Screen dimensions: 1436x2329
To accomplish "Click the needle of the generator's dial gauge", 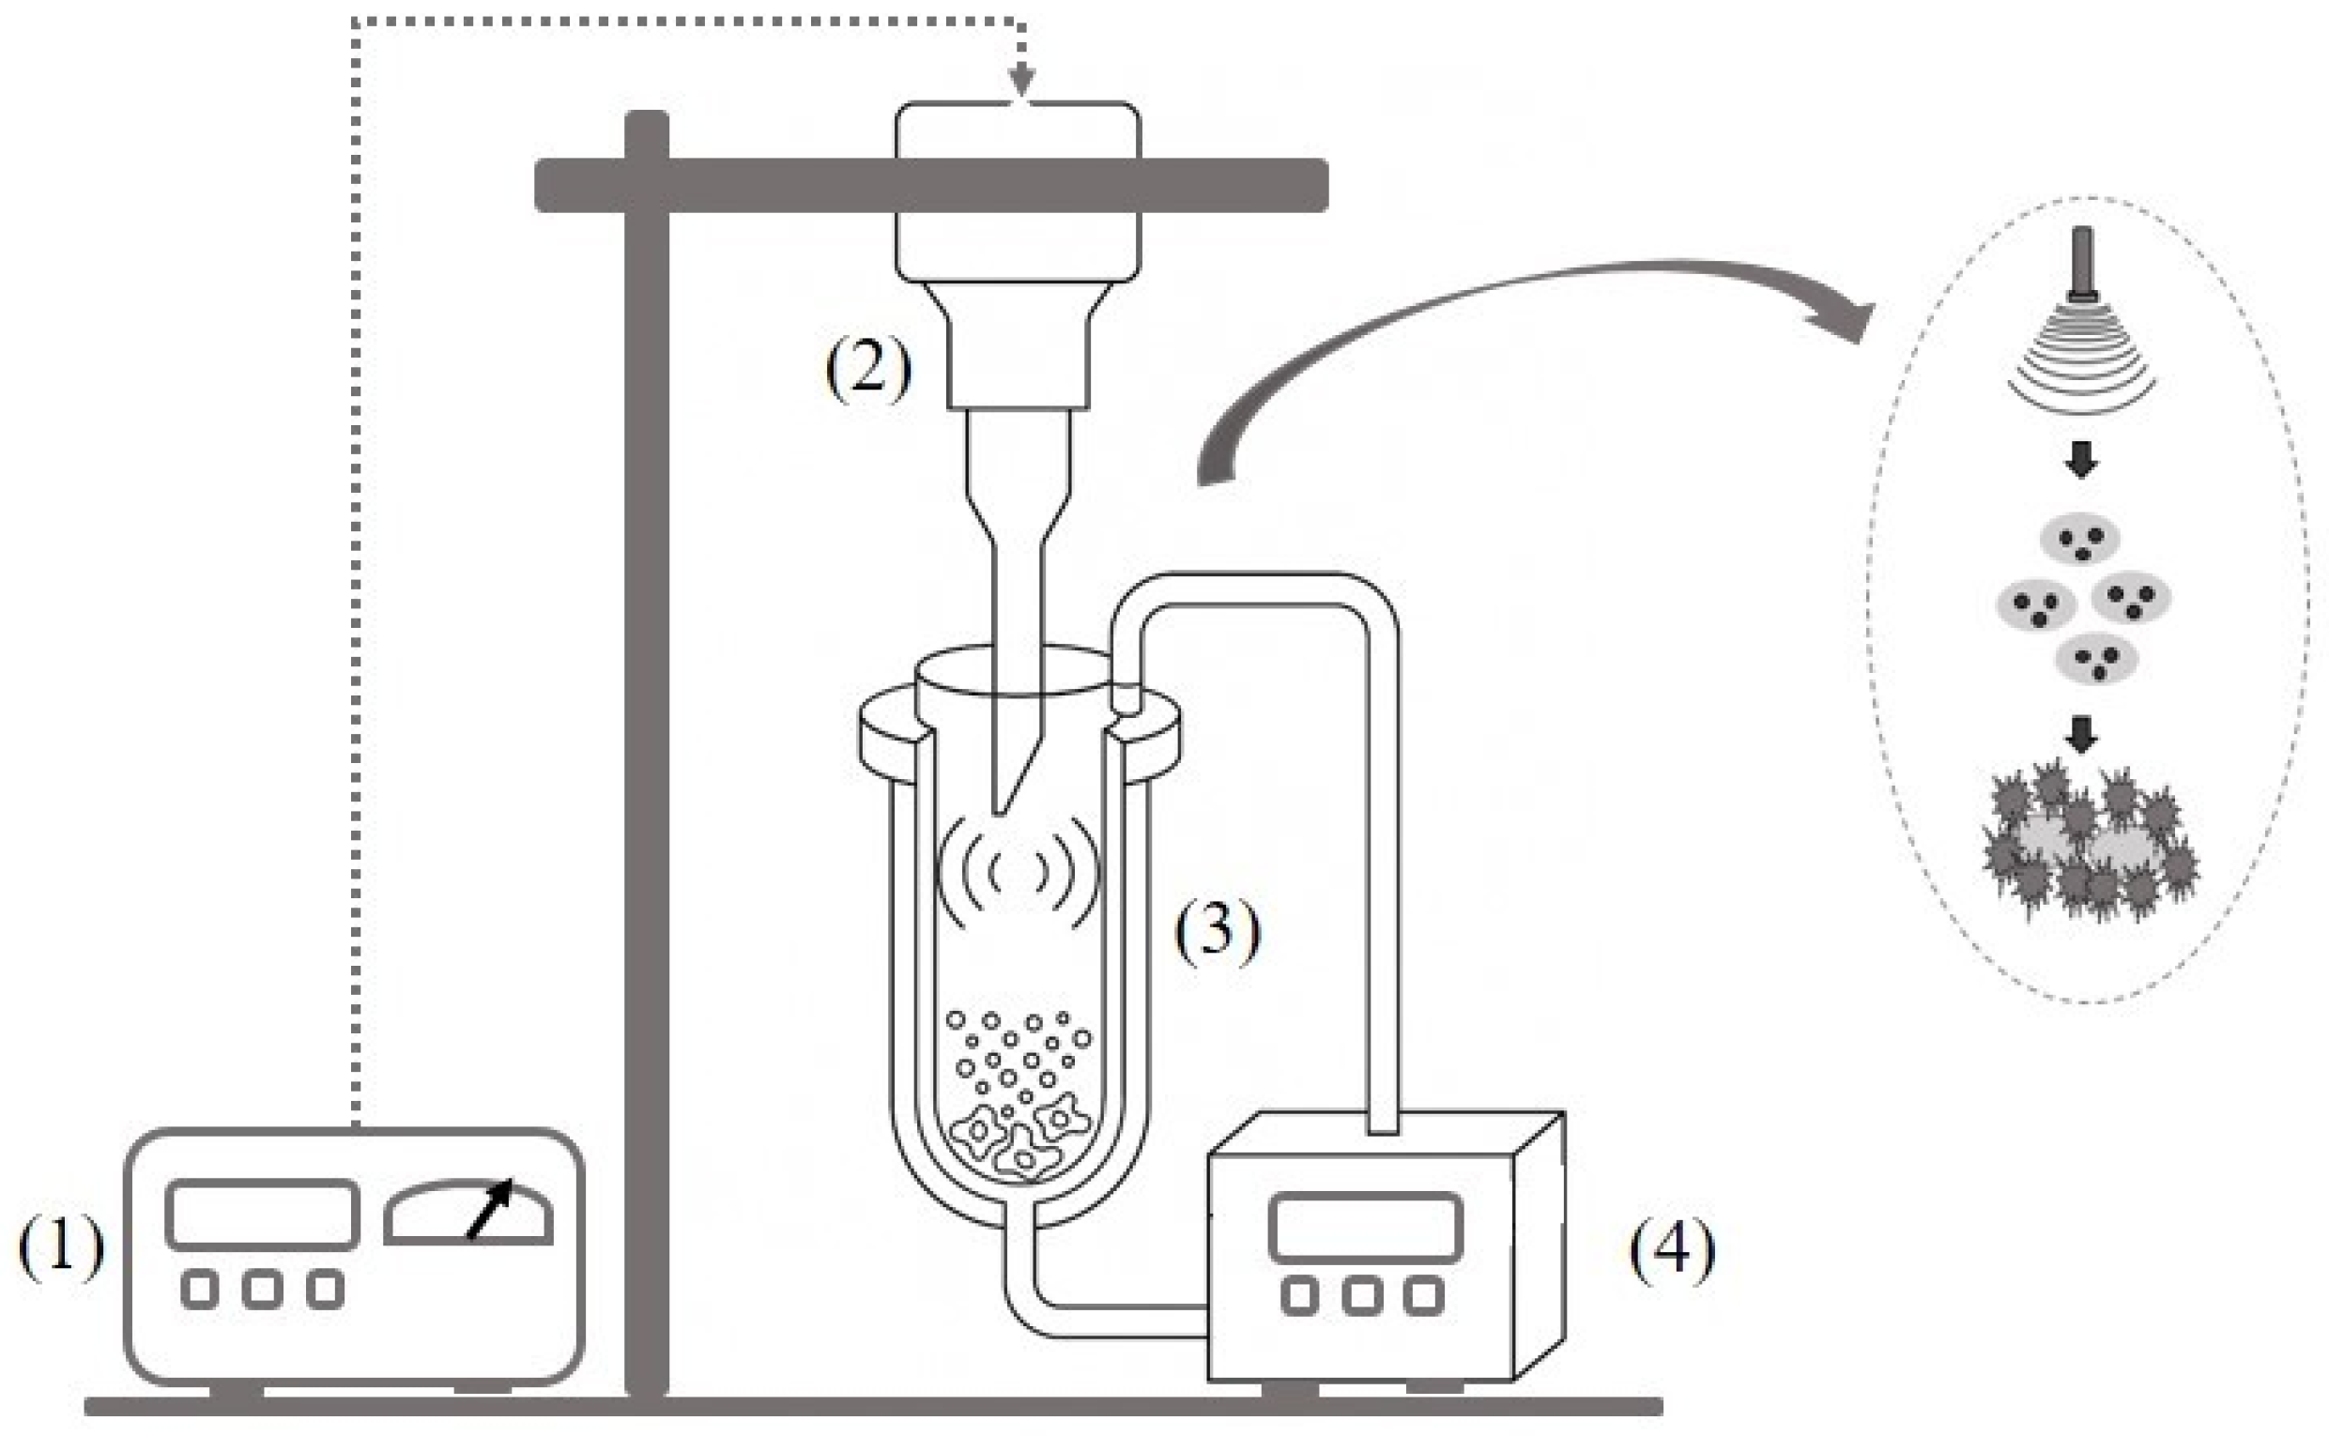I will pos(490,1208).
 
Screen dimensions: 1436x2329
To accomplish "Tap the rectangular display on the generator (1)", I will pos(262,1214).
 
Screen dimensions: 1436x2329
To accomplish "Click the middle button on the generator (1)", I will pos(262,1289).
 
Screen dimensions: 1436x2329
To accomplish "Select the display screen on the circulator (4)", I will pos(1366,1227).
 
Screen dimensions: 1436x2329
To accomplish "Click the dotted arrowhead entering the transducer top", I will pos(1021,82).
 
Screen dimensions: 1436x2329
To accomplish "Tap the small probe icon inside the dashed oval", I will pos(2082,266).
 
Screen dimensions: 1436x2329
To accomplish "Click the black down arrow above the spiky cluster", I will pos(2081,733).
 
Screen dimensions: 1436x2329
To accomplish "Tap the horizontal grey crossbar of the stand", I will pos(931,185).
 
